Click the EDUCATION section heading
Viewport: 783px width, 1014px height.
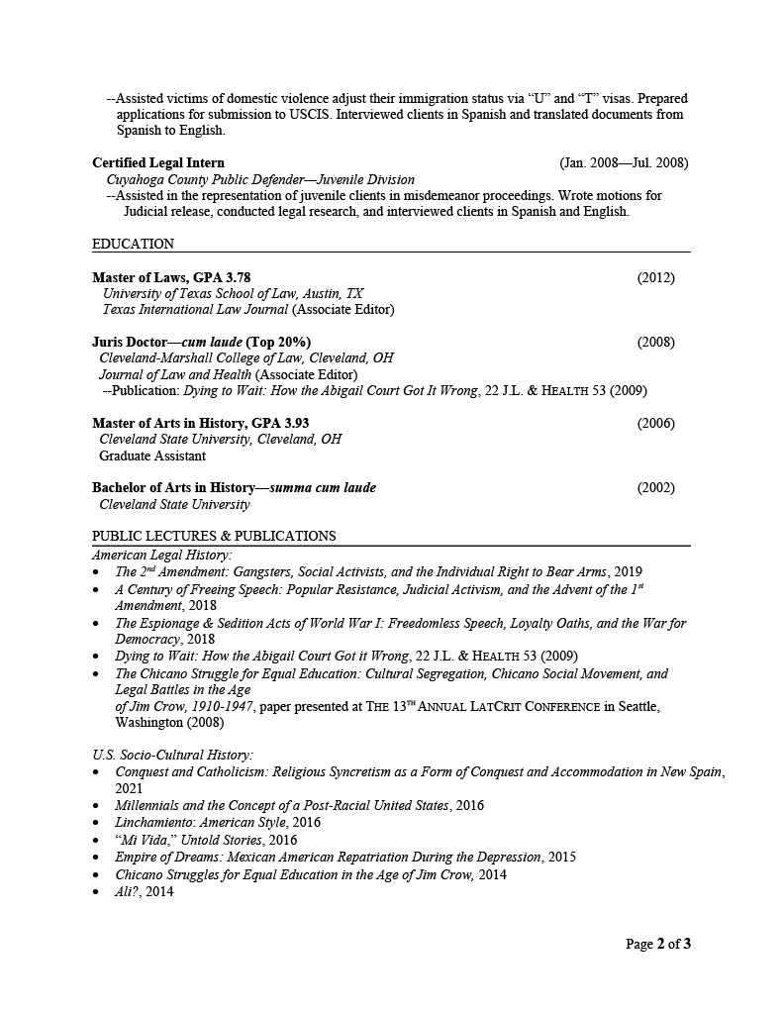pyautogui.click(x=133, y=244)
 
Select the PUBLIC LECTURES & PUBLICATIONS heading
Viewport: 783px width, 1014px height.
pyautogui.click(x=214, y=536)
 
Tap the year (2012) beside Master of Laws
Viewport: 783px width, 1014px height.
pyautogui.click(x=655, y=277)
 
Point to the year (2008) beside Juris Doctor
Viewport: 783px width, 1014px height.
pyautogui.click(x=655, y=342)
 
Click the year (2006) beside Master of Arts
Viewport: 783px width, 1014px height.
pyautogui.click(x=655, y=423)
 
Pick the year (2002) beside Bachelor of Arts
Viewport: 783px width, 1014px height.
pyautogui.click(x=655, y=487)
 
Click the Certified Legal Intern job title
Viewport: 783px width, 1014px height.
pyautogui.click(x=158, y=162)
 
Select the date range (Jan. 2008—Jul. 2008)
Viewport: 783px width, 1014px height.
pyautogui.click(x=624, y=162)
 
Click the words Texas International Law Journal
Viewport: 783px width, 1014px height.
pyautogui.click(x=195, y=309)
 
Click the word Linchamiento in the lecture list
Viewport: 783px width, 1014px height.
pyautogui.click(x=153, y=822)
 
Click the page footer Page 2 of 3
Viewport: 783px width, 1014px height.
pyautogui.click(x=658, y=944)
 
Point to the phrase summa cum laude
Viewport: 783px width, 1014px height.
pyautogui.click(x=323, y=487)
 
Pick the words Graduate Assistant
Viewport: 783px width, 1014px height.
pyautogui.click(x=152, y=456)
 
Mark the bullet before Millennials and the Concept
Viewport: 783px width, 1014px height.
pyautogui.click(x=95, y=806)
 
